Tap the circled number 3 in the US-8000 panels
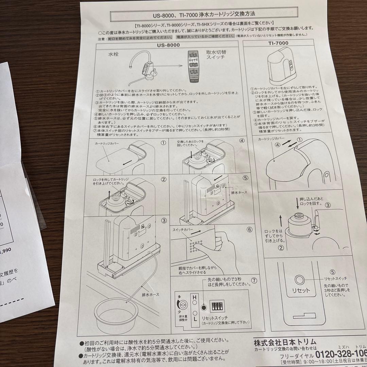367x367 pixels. [164, 221]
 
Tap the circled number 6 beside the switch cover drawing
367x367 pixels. [249, 229]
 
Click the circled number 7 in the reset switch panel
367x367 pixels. [253, 281]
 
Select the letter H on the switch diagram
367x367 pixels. [195, 298]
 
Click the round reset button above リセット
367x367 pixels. [300, 279]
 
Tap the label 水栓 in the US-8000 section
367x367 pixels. [114, 54]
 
